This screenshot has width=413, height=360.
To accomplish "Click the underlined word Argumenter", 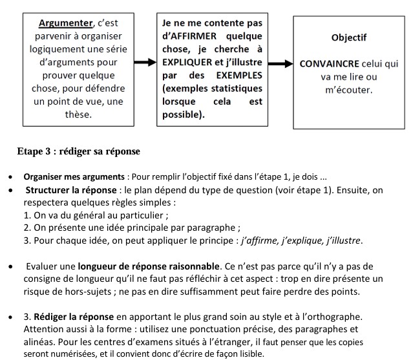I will tap(65, 23).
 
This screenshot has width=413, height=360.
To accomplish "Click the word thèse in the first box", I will tap(79, 114).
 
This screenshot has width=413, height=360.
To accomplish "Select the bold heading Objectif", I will tap(348, 37).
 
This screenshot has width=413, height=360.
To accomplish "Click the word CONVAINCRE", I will tap(330, 65).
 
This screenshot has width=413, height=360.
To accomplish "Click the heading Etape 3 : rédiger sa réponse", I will tap(79, 152).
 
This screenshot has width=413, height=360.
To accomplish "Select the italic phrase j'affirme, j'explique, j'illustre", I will tap(301, 241).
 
